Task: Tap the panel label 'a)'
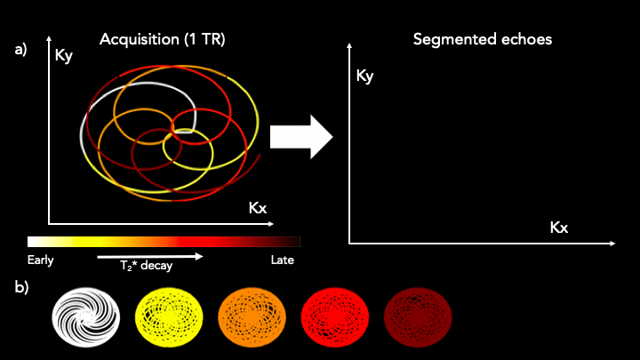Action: tap(21, 50)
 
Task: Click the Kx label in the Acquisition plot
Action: tap(258, 208)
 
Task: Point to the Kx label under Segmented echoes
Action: tap(558, 228)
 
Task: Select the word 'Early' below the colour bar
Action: tap(40, 260)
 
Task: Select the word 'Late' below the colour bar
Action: tap(282, 260)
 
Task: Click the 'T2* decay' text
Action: tap(147, 265)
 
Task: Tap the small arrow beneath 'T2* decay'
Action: tap(151, 256)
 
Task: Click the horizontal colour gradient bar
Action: tap(164, 241)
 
